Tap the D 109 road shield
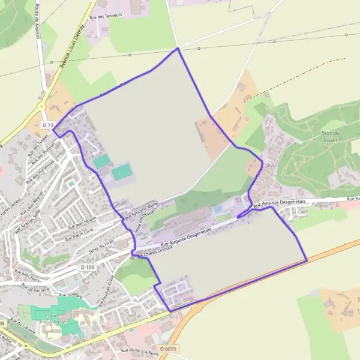pyautogui.click(x=87, y=266)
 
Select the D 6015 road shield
pyautogui.click(x=169, y=348)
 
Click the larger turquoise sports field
pyautogui.click(x=122, y=172)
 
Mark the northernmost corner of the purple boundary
pyautogui.click(x=178, y=48)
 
